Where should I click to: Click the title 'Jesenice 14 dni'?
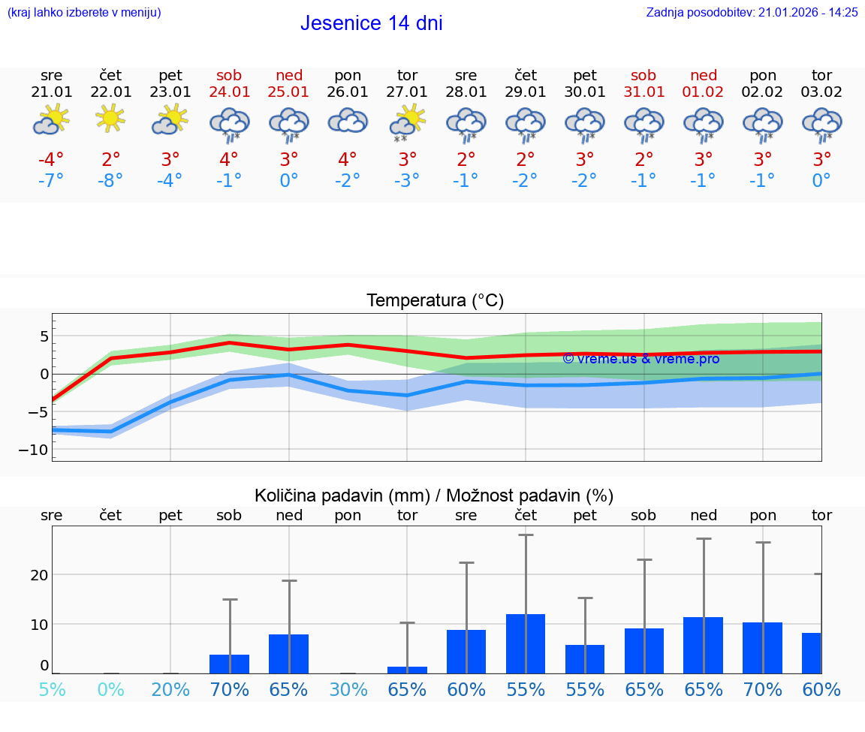[371, 23]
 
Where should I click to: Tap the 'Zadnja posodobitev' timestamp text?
[752, 12]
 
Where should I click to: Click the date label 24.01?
[229, 92]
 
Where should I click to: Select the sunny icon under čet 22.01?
[110, 119]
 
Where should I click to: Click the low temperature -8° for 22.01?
[110, 181]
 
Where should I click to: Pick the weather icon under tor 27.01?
[407, 122]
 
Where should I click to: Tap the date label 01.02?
[704, 92]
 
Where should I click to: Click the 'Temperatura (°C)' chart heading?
[436, 301]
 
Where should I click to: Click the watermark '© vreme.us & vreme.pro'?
[640, 359]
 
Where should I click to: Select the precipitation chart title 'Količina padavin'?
[434, 496]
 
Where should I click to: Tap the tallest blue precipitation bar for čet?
[526, 643]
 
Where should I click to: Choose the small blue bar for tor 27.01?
[407, 670]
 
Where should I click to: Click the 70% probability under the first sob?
[229, 690]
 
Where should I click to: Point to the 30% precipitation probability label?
[348, 690]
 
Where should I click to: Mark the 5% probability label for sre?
[52, 690]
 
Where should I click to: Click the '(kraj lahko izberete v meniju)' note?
[84, 12]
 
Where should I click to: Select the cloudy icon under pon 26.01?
[348, 120]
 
